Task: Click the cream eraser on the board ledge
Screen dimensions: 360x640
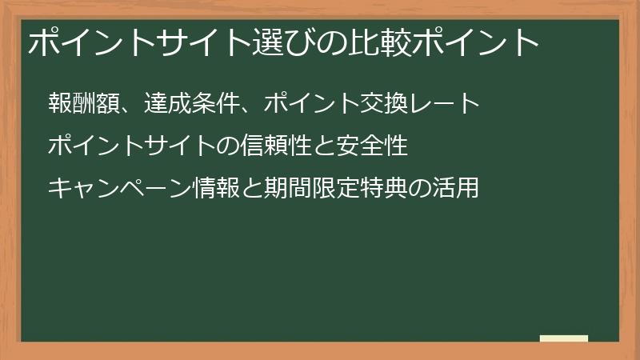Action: (564, 338)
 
